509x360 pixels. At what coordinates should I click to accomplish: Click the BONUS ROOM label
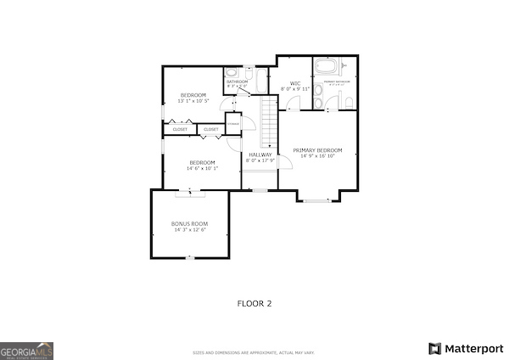[x=190, y=223]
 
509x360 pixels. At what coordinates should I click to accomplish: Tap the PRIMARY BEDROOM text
[x=318, y=150]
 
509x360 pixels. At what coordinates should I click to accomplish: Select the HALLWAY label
[x=260, y=155]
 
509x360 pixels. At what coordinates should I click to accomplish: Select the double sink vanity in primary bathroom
[x=318, y=103]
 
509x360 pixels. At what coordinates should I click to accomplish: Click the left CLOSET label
[x=180, y=129]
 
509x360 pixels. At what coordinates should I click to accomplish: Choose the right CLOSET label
[x=210, y=129]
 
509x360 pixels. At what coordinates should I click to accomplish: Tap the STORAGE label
[x=233, y=124]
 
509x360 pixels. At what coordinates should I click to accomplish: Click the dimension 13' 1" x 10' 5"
[x=194, y=101]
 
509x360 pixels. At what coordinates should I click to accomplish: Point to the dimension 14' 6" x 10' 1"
[x=202, y=168]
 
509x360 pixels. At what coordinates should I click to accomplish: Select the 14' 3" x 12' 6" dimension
[x=190, y=229]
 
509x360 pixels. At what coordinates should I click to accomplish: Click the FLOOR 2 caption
[x=254, y=303]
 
